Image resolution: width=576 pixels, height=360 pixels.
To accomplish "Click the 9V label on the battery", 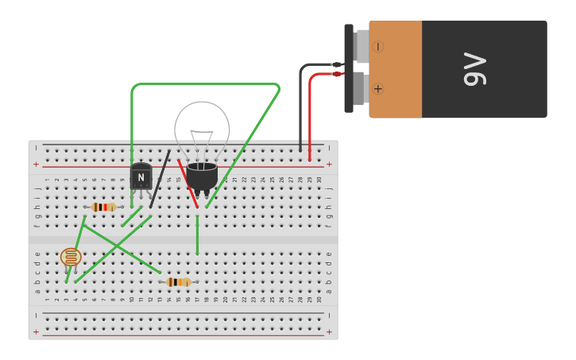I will tap(474, 69).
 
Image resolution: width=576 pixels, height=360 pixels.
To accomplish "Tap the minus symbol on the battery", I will tap(377, 47).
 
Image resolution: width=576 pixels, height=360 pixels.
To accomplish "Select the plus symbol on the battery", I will tap(377, 88).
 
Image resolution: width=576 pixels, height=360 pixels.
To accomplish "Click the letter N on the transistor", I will tap(141, 177).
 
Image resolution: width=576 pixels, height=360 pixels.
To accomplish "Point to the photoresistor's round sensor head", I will tap(71, 257).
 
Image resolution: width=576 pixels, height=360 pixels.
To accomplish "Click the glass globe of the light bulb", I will tap(202, 127).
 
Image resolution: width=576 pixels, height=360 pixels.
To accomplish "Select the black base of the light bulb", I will tap(202, 176).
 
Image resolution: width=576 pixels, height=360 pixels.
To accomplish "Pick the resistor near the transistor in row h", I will tap(103, 207).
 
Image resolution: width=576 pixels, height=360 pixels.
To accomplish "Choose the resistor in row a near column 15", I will tap(178, 281).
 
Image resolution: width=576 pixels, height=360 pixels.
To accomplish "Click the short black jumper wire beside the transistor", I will tap(160, 179).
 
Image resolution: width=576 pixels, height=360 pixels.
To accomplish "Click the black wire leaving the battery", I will tap(301, 103).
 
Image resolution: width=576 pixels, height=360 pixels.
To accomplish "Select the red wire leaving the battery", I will tap(310, 111).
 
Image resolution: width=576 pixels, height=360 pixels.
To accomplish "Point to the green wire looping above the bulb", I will tap(207, 84).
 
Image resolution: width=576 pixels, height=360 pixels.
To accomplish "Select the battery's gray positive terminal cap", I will tap(359, 87).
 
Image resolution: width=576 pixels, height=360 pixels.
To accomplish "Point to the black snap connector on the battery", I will tap(349, 68).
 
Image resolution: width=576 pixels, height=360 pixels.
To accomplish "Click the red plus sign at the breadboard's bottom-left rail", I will tap(36, 331).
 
